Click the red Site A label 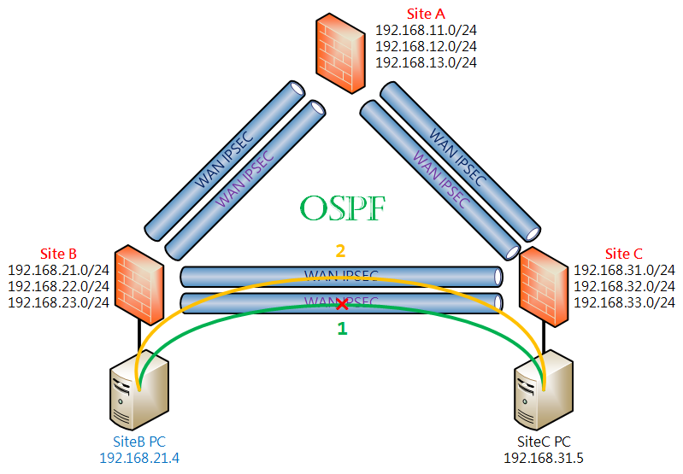pyautogui.click(x=426, y=14)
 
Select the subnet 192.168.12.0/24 pyautogui.click(x=426, y=46)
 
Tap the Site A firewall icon pyautogui.click(x=340, y=53)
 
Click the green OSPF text pyautogui.click(x=343, y=208)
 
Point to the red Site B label pyautogui.click(x=58, y=254)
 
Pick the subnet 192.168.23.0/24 pyautogui.click(x=58, y=302)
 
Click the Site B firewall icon pyautogui.click(x=139, y=284)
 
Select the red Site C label pyautogui.click(x=624, y=254)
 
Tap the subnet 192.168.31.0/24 pyautogui.click(x=624, y=270)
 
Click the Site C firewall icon pyautogui.click(x=544, y=287)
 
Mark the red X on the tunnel pyautogui.click(x=343, y=304)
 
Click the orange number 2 pyautogui.click(x=340, y=251)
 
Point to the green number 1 pyautogui.click(x=343, y=328)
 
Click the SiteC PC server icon pyautogui.click(x=543, y=389)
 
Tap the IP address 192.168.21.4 pyautogui.click(x=139, y=458)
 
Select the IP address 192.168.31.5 pyautogui.click(x=544, y=458)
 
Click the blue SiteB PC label pyautogui.click(x=139, y=442)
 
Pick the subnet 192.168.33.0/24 pyautogui.click(x=624, y=302)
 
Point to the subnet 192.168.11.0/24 pyautogui.click(x=426, y=30)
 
